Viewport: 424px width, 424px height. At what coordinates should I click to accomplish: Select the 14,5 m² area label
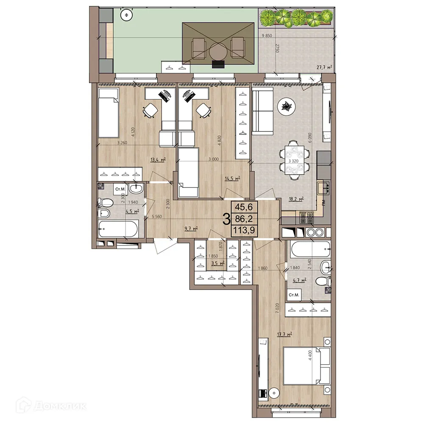tap(232, 179)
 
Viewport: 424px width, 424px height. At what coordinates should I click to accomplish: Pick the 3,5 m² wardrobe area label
tap(218, 263)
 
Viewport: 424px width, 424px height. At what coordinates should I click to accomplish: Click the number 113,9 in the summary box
tap(243, 230)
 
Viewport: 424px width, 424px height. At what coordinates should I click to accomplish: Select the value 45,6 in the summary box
tap(244, 207)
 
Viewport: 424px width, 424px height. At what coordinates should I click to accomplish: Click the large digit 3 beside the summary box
tap(226, 219)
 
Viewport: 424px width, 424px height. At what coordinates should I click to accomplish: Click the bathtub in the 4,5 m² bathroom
tap(118, 230)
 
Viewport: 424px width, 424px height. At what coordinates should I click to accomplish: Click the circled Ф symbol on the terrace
tap(126, 15)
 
